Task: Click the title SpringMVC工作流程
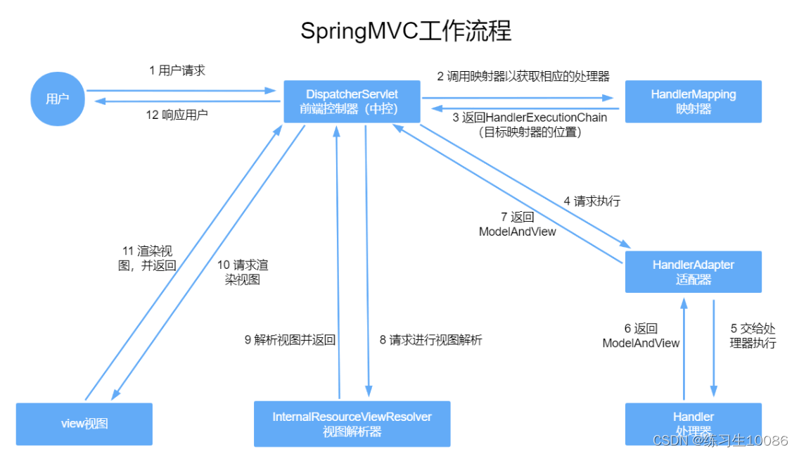(x=406, y=32)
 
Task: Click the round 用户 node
(x=58, y=99)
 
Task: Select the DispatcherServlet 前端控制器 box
(x=352, y=101)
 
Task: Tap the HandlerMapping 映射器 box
(x=693, y=101)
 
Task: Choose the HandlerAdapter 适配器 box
(x=693, y=272)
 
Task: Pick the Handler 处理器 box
(x=693, y=422)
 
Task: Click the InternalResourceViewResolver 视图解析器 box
(x=352, y=424)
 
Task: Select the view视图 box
(x=84, y=424)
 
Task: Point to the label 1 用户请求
(x=177, y=70)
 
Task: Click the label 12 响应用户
(x=177, y=115)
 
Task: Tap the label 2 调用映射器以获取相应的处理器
(x=523, y=76)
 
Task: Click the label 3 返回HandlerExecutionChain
(x=530, y=124)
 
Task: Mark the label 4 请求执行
(x=592, y=201)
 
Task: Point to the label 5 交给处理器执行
(x=753, y=336)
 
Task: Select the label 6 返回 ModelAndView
(x=641, y=336)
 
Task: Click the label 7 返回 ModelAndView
(x=517, y=224)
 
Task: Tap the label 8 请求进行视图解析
(x=430, y=340)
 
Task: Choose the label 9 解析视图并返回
(x=290, y=340)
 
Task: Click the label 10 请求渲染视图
(x=242, y=272)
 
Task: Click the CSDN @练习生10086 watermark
(x=720, y=440)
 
